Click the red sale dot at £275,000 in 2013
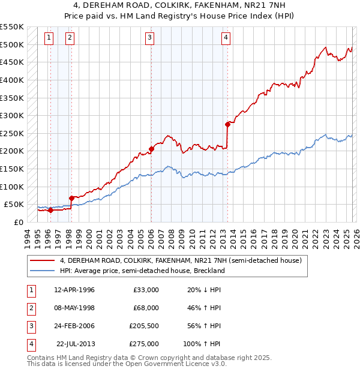pyautogui.click(x=227, y=124)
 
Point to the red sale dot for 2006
pyautogui.click(x=151, y=149)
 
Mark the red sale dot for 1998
pyautogui.click(x=71, y=197)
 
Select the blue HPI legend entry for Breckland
pyautogui.click(x=142, y=271)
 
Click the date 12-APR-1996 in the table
pyautogui.click(x=74, y=290)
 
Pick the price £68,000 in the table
pyautogui.click(x=146, y=308)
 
